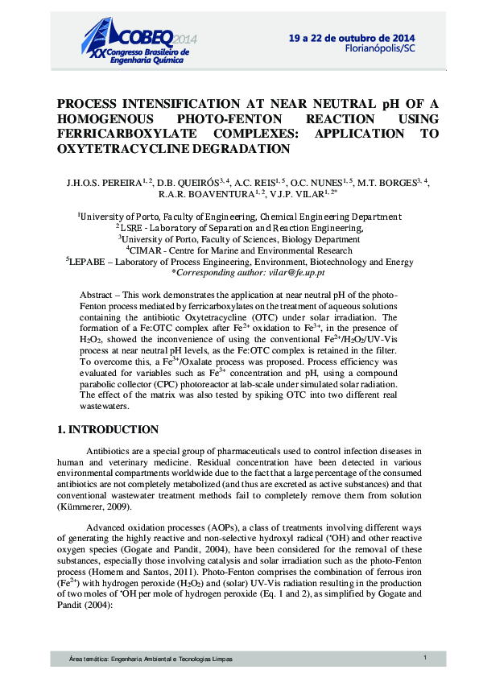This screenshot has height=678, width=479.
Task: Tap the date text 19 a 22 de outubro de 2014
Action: tap(353, 38)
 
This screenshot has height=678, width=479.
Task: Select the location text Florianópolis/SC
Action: tap(380, 48)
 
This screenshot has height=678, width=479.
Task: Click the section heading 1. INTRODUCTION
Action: tap(108, 430)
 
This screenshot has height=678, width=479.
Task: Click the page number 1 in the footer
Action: tap(424, 659)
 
